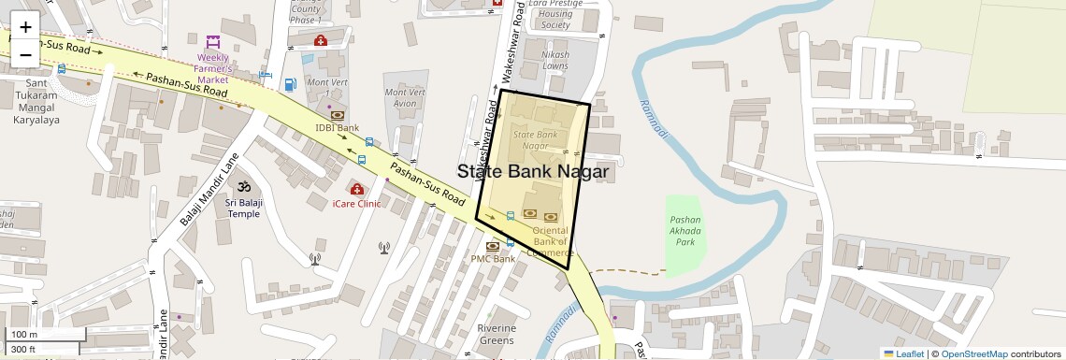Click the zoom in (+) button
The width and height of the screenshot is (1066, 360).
(x=25, y=26)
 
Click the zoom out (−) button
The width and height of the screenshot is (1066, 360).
(x=25, y=54)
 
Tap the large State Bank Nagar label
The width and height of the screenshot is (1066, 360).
(x=533, y=172)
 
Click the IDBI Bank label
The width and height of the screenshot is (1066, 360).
(x=338, y=127)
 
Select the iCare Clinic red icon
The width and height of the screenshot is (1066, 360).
(x=356, y=189)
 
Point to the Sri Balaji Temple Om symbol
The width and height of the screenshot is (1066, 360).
(x=244, y=187)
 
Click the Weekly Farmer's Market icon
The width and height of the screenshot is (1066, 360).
(x=213, y=42)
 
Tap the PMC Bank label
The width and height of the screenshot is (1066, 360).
(x=493, y=259)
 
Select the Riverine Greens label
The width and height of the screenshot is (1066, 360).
(x=497, y=334)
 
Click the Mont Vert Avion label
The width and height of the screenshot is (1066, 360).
(x=406, y=97)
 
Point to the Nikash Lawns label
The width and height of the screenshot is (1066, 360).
(x=555, y=61)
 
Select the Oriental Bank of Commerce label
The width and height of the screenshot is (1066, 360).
(x=550, y=241)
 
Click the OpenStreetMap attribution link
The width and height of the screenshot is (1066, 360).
(x=973, y=353)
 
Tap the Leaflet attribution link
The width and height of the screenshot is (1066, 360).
(x=904, y=353)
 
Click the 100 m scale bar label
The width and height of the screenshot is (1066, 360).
(x=25, y=335)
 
